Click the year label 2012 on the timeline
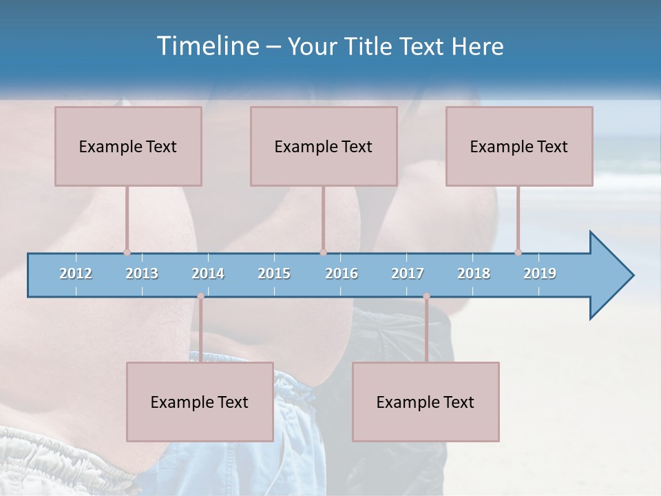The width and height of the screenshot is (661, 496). point(76,273)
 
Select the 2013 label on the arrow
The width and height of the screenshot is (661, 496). point(142,273)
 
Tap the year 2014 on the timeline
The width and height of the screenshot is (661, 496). point(208,273)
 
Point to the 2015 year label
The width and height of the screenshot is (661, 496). point(274,273)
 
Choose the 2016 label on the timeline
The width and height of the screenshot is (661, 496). point(342,273)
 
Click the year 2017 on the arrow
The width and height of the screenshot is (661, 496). point(408,273)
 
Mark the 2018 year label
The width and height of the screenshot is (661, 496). point(474,273)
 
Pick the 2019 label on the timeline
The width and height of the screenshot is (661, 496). point(540,273)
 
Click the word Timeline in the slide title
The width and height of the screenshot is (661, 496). point(207,46)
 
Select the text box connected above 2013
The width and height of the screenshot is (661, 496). point(128,146)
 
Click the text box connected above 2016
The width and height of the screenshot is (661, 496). point(324,146)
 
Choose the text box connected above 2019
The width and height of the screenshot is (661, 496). point(519,146)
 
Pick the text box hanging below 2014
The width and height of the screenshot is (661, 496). point(200,402)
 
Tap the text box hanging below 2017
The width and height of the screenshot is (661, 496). point(426,402)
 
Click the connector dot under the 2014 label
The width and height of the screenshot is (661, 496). point(200,296)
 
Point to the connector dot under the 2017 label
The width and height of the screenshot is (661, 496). point(426,296)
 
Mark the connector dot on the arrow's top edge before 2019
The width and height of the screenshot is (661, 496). point(518,252)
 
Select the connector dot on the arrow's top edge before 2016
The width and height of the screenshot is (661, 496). point(323,252)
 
